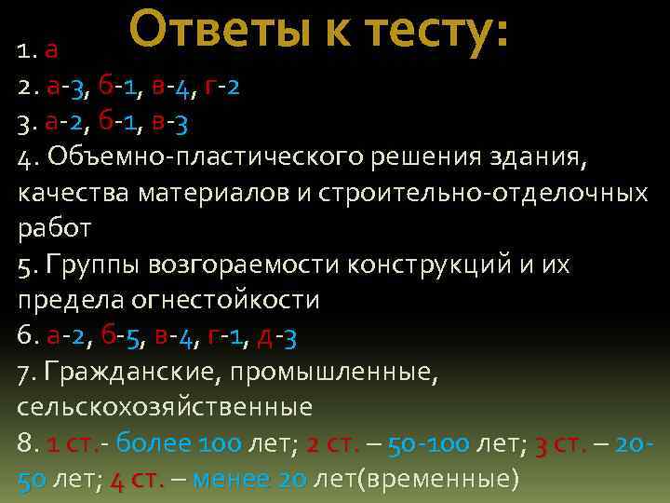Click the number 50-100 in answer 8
click(430, 442)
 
